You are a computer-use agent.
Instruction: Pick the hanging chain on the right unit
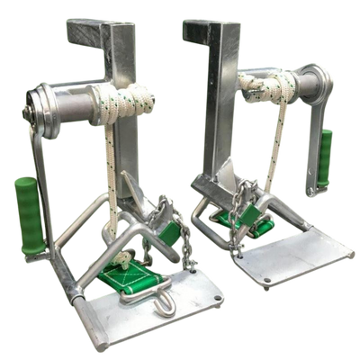pyautogui.click(x=237, y=216)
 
